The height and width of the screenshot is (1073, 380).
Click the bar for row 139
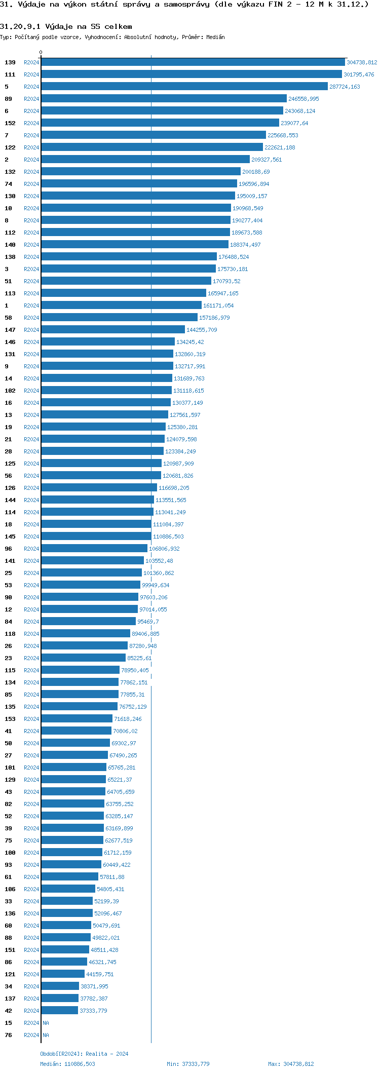tap(193, 62)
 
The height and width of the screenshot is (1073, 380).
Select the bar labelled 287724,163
tap(184, 87)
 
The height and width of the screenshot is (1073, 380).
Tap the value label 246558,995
tap(303, 99)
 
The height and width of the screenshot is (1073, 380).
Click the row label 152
tap(10, 123)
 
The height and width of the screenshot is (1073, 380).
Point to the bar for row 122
tap(152, 147)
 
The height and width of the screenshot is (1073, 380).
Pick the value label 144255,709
tap(202, 330)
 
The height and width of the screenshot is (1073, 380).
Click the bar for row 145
tap(96, 536)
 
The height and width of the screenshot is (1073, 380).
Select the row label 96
tap(9, 549)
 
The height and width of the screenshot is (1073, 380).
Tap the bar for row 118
tap(86, 634)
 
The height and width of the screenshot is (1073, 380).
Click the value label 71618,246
tap(128, 719)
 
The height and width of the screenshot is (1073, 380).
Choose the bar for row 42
tap(60, 1011)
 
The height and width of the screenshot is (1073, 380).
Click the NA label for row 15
tap(46, 1023)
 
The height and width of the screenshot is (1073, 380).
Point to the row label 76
tap(9, 1035)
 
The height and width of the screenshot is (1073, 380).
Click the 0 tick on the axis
tap(41, 53)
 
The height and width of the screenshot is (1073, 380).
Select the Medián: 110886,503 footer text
tap(67, 1064)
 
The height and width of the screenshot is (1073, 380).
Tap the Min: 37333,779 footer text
tap(188, 1064)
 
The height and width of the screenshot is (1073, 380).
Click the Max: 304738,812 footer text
tap(291, 1064)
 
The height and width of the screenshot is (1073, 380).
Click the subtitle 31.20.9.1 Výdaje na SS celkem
tap(66, 26)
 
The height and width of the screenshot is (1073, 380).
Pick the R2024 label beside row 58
tap(31, 318)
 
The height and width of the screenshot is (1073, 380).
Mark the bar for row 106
tap(68, 889)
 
